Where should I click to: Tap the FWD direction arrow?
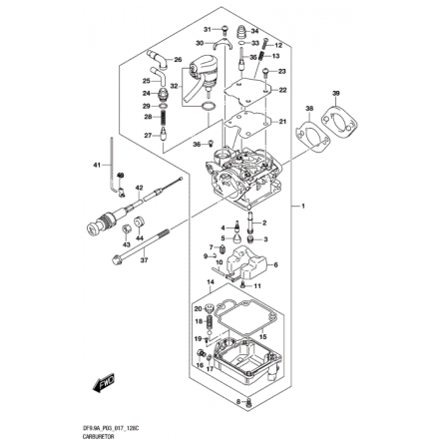103,382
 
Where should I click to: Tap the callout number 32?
176,86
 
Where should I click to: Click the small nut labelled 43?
126,230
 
